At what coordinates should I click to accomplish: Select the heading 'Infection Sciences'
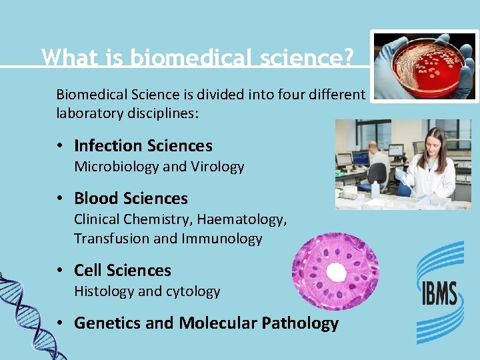(143, 146)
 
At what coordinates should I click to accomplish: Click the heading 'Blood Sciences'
(131, 199)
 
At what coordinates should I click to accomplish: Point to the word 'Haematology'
(246, 219)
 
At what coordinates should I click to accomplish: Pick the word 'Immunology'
(227, 239)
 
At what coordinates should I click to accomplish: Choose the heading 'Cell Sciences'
(122, 271)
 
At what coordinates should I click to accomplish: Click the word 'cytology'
(194, 291)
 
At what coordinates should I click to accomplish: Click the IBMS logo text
(438, 293)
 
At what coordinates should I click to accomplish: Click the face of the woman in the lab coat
(433, 143)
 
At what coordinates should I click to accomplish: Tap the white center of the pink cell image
(335, 272)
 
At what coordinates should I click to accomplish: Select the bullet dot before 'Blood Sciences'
(61, 199)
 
